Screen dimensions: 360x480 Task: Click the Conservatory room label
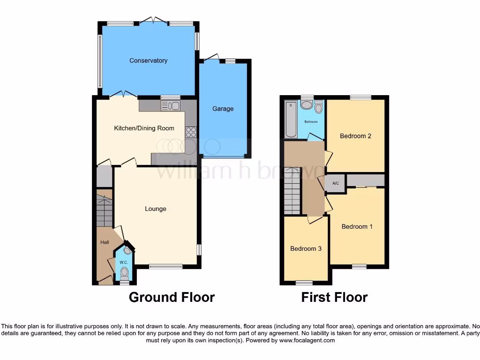(148, 60)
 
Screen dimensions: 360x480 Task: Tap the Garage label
(223, 109)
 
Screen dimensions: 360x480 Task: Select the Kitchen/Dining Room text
(144, 128)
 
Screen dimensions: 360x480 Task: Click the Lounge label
(155, 209)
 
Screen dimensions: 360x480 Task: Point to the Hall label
(105, 242)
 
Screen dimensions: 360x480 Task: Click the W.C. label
(124, 262)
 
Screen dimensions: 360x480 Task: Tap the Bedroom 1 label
(357, 226)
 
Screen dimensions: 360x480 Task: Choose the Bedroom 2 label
(355, 136)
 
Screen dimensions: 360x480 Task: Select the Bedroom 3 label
(306, 248)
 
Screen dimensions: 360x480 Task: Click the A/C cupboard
(336, 183)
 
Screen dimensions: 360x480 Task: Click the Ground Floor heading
(172, 297)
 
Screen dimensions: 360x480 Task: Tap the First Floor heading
(334, 297)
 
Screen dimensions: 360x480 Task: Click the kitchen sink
(170, 106)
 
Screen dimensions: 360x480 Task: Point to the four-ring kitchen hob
(191, 132)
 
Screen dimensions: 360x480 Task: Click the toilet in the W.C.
(124, 272)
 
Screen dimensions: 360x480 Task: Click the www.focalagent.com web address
(307, 340)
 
